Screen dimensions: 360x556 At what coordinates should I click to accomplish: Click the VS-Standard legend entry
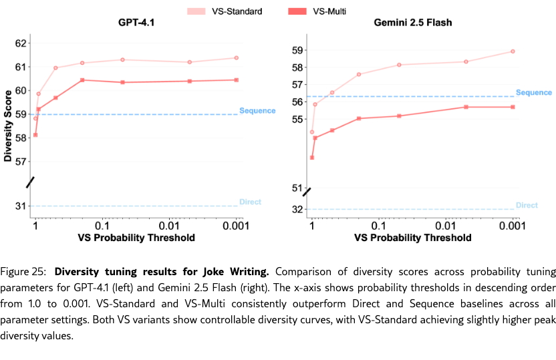[x=232, y=11]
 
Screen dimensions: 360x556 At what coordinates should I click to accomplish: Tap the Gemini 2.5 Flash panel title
[x=412, y=23]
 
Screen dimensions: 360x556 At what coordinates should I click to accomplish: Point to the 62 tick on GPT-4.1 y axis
[x=21, y=43]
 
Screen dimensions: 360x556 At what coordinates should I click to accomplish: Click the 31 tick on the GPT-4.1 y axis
[x=21, y=206]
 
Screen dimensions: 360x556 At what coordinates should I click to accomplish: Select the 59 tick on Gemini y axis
[x=297, y=50]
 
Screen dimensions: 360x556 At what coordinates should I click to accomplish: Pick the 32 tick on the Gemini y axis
[x=297, y=210]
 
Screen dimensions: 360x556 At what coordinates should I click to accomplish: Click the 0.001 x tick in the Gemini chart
[x=509, y=226]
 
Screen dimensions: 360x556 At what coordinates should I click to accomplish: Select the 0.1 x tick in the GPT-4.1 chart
[x=102, y=226]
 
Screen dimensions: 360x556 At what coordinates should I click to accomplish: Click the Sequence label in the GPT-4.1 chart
[x=257, y=110]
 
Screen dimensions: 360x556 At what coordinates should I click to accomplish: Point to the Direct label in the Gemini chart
[x=527, y=205]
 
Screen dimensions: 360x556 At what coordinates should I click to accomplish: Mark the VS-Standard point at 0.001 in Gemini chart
[x=513, y=51]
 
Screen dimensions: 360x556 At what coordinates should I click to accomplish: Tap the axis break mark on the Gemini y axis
[x=307, y=192]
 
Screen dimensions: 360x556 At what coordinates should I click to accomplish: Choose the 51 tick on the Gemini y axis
[x=297, y=188]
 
